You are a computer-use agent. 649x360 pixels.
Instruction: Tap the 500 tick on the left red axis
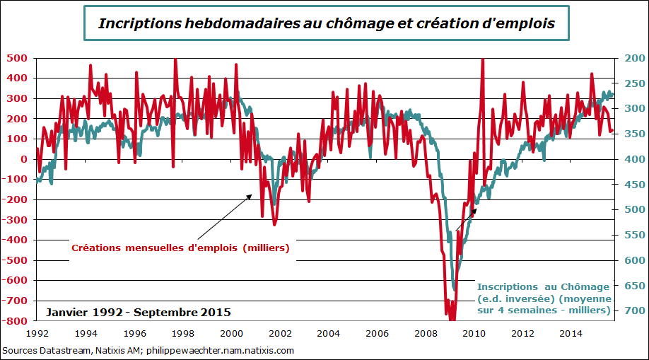coord(17,58)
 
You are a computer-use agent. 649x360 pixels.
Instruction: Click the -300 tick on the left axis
coord(16,220)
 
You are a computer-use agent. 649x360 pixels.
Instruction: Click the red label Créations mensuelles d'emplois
coord(180,248)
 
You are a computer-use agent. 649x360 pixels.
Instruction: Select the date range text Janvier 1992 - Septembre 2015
coord(139,312)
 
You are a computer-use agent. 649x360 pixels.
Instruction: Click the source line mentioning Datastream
coord(148,350)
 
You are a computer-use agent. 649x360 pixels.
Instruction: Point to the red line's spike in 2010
coord(483,60)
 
